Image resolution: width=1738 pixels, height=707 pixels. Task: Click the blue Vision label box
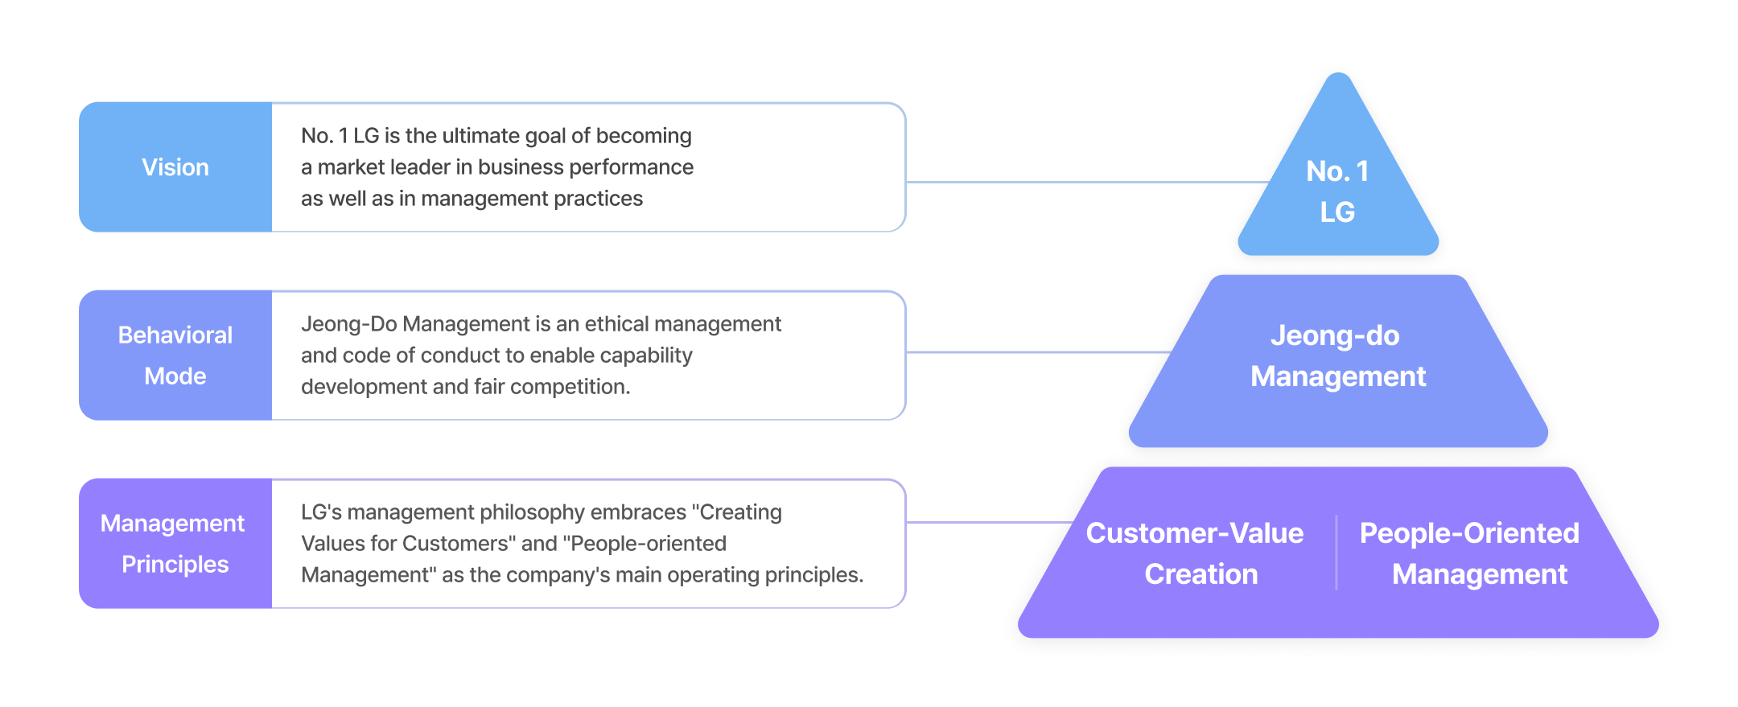(175, 167)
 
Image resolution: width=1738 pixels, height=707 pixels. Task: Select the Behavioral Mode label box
(175, 356)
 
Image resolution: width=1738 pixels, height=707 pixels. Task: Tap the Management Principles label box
(175, 544)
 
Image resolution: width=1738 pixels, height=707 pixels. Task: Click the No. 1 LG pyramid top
(1337, 191)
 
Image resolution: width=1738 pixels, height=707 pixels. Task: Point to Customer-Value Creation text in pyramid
(1195, 553)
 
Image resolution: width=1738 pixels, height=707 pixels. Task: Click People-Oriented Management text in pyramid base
(1470, 553)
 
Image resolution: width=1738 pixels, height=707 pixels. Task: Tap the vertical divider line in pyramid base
(1336, 553)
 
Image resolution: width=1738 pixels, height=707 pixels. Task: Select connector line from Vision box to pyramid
(1086, 182)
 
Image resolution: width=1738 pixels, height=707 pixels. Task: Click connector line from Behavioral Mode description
(1038, 351)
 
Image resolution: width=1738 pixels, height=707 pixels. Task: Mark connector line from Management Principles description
(990, 522)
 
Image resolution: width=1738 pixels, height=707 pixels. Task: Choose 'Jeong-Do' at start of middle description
(348, 324)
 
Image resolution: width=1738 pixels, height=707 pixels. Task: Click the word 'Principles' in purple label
(175, 565)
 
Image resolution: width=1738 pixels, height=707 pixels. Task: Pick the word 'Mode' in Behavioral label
(175, 376)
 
